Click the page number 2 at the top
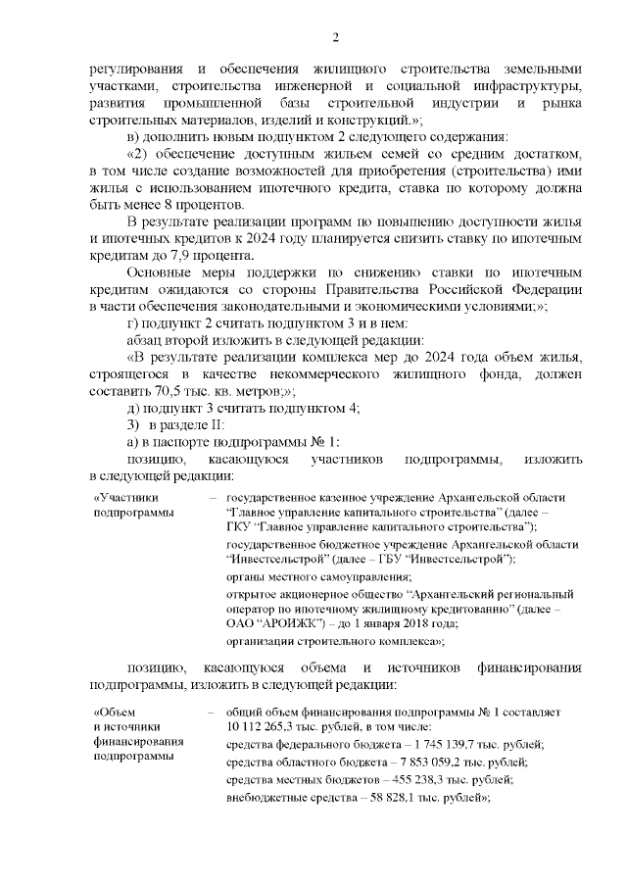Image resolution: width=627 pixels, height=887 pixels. [x=335, y=37]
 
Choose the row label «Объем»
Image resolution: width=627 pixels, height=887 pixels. [x=113, y=711]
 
